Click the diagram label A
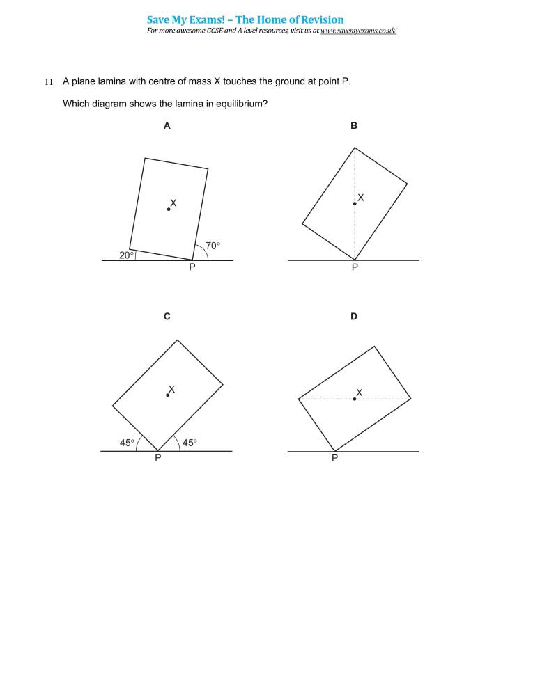[x=167, y=126]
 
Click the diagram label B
[x=354, y=126]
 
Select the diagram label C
[x=167, y=317]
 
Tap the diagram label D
[x=354, y=317]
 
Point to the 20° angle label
[x=126, y=255]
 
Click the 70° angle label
[x=213, y=246]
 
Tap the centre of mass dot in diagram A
[x=169, y=209]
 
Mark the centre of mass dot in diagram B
[x=355, y=203]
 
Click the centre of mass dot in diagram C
[x=167, y=395]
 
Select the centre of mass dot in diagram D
[x=355, y=399]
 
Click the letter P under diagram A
[x=192, y=268]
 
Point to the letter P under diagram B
[x=354, y=268]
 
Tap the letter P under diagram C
[x=157, y=459]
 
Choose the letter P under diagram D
[x=335, y=459]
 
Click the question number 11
[x=49, y=82]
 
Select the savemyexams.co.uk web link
[x=358, y=31]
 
